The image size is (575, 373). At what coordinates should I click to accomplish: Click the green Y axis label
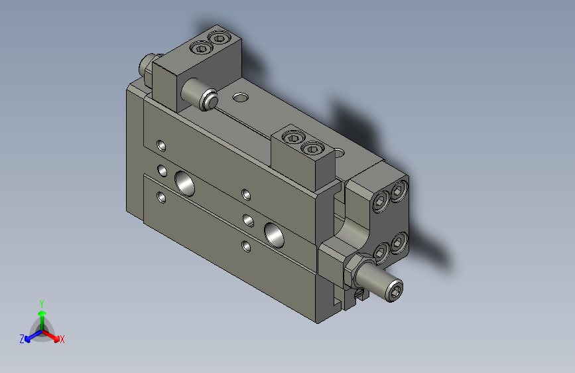coord(41,303)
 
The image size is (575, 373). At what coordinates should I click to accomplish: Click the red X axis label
coord(62,340)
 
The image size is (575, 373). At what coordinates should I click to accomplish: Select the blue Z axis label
coord(22,339)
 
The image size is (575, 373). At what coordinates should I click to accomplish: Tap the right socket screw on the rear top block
coord(218,38)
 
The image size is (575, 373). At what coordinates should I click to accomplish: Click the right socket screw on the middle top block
coord(311,148)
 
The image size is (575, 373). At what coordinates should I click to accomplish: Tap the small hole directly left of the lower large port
coord(249,220)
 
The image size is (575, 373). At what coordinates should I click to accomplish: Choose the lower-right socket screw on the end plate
coord(398,242)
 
